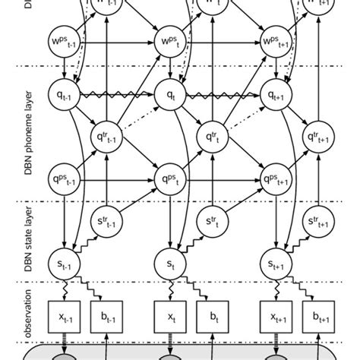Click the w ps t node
(169, 39)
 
